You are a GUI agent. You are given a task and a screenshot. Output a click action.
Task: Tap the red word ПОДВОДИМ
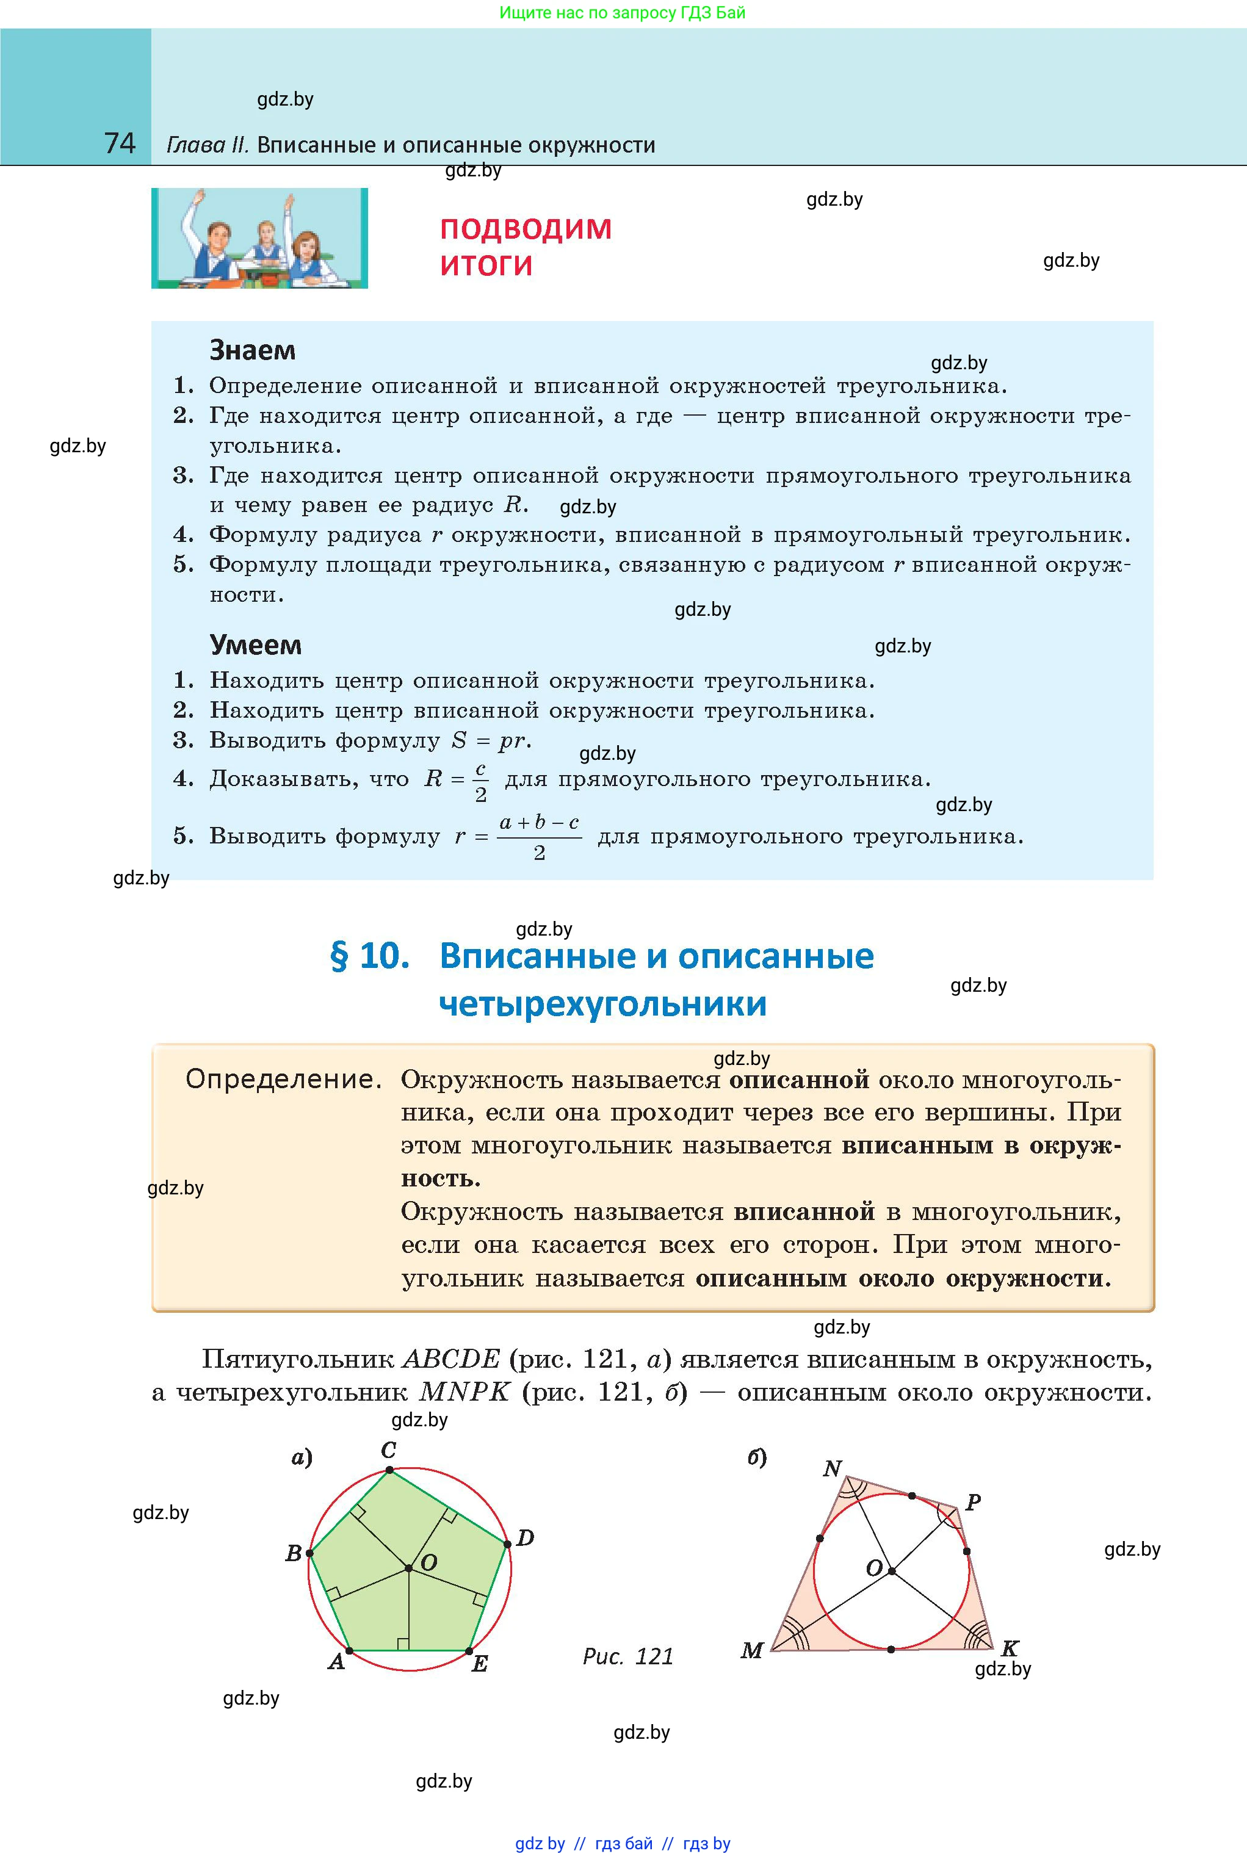pos(526,229)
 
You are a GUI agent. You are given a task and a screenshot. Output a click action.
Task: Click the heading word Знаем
pos(252,350)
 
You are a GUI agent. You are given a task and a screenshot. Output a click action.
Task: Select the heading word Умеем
pos(255,644)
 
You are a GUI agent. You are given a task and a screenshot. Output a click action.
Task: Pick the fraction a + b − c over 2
pos(539,837)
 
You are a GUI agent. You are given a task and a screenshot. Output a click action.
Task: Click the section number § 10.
pos(370,956)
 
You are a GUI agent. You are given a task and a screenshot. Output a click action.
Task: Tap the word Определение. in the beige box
pos(283,1079)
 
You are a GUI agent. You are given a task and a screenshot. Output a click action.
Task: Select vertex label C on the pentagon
pos(388,1449)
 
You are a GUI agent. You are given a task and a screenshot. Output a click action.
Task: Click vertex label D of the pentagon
pos(525,1538)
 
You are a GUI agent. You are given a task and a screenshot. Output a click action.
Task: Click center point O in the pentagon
pos(409,1568)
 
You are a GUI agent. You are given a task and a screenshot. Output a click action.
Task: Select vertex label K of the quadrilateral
pos(1009,1648)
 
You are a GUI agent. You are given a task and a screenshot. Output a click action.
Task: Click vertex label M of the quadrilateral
pos(751,1651)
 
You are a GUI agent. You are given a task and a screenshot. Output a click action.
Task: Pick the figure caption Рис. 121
pos(627,1656)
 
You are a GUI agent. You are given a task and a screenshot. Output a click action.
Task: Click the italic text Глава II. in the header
pos(208,145)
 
